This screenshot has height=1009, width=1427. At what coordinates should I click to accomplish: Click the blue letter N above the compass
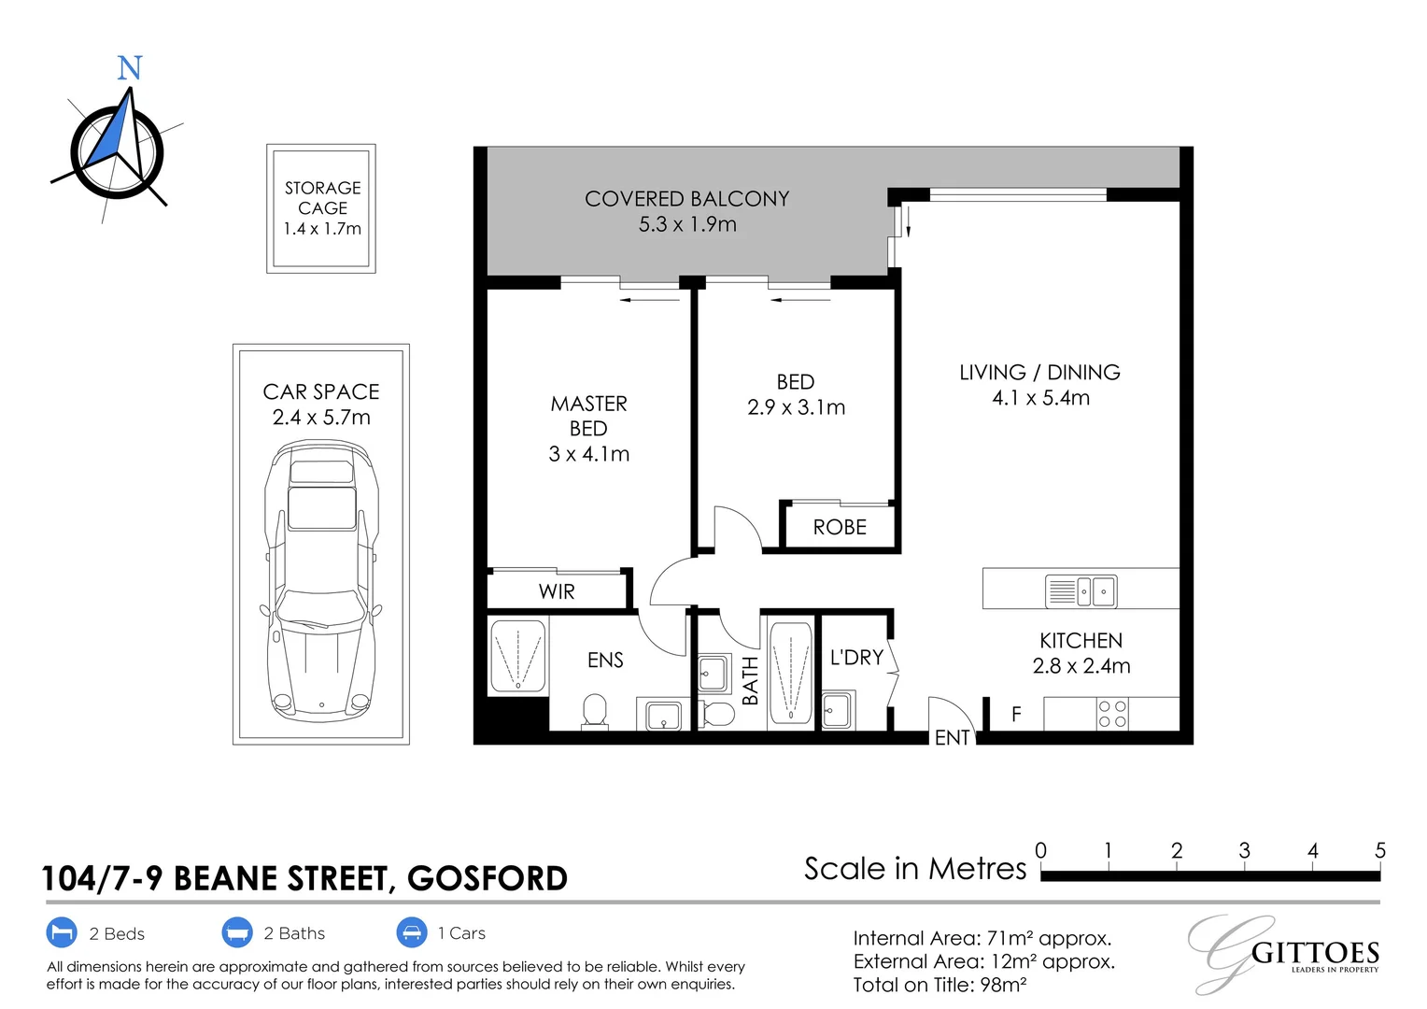click(x=129, y=67)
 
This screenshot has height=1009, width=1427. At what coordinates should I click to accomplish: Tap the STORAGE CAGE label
click(x=322, y=197)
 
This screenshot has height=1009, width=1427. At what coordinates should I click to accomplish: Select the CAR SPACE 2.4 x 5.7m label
click(x=321, y=405)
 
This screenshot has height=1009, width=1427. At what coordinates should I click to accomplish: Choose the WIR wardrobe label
click(x=557, y=591)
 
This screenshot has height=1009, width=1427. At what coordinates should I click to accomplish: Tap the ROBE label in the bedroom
click(x=840, y=527)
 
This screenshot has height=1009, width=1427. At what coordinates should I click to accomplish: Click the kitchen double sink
click(x=1081, y=590)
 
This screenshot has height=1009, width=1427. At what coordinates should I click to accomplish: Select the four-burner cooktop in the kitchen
click(x=1112, y=714)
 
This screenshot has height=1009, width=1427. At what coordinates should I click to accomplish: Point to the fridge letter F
click(x=1016, y=714)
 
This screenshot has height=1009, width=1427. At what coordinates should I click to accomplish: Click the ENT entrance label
click(x=952, y=737)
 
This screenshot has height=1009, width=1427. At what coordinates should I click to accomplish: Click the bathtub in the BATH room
click(x=791, y=673)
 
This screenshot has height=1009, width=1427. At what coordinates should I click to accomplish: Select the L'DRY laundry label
click(x=856, y=657)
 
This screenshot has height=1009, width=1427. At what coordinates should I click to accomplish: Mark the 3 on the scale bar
click(x=1244, y=850)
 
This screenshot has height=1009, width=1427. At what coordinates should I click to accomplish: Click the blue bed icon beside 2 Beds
click(x=62, y=932)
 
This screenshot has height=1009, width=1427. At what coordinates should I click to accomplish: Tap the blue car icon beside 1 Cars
click(x=412, y=932)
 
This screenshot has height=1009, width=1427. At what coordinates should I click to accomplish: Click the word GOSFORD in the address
click(x=487, y=878)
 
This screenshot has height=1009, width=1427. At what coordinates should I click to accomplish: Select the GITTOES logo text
click(x=1315, y=954)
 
